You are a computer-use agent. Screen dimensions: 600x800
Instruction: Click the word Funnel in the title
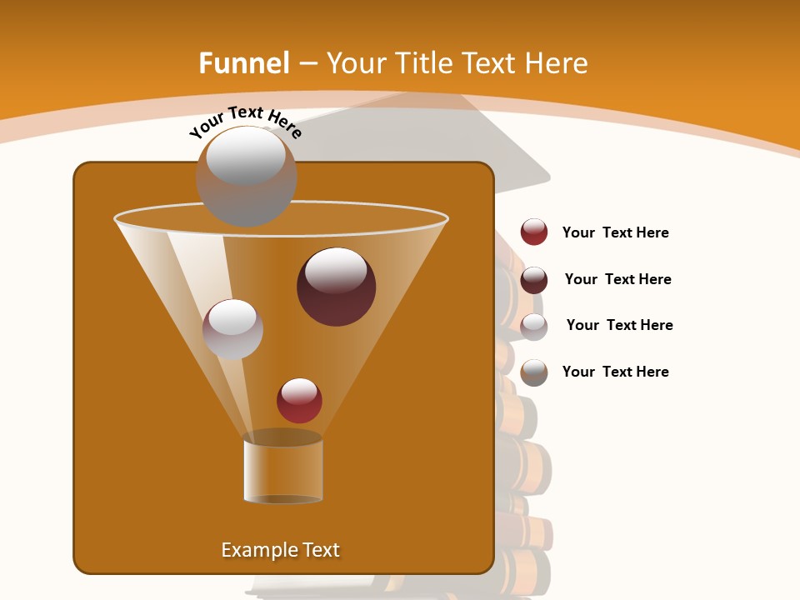pos(243,63)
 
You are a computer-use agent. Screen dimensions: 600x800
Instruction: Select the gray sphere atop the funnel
pos(246,176)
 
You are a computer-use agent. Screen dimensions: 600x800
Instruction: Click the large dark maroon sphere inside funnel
pos(336,286)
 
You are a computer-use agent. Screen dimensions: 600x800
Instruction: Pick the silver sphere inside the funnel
pos(232,329)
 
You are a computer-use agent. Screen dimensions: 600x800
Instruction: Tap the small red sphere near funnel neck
pos(299,400)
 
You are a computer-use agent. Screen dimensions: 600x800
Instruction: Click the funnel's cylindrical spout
pos(283,471)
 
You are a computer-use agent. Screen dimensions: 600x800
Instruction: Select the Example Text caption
pos(280,550)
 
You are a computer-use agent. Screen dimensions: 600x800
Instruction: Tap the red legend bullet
pos(534,232)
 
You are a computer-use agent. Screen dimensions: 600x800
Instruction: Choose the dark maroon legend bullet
pos(534,280)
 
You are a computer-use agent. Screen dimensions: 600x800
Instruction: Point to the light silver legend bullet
pos(534,326)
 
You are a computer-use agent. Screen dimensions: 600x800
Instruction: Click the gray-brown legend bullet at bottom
pos(534,372)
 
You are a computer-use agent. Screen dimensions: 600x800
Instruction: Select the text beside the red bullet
pos(615,233)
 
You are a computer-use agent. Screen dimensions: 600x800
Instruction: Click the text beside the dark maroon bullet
pos(617,280)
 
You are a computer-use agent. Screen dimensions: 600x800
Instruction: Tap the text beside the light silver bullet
pos(619,326)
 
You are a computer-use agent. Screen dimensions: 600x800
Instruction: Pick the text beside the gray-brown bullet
pos(615,372)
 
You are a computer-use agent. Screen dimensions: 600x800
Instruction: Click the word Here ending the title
pos(556,63)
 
